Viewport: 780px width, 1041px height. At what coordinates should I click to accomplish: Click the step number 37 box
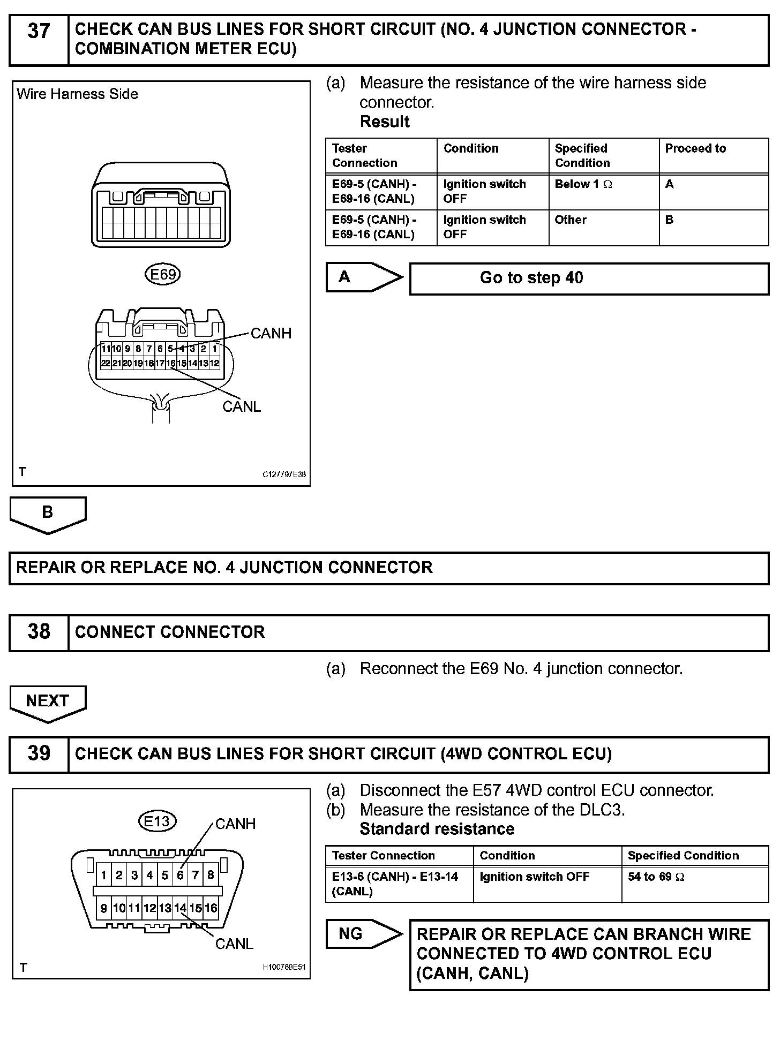[x=39, y=40]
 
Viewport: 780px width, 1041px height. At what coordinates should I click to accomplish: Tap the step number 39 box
[x=39, y=754]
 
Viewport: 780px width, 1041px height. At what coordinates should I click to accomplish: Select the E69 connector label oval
[x=163, y=274]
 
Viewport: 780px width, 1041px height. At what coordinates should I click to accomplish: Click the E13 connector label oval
[x=157, y=821]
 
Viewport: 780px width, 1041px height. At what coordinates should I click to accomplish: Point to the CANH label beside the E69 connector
[x=271, y=333]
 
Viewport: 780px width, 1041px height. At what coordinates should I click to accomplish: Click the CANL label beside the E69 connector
[x=242, y=406]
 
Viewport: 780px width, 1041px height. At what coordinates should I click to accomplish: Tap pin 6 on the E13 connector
[x=180, y=875]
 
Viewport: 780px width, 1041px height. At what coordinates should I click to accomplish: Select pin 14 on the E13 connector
[x=180, y=908]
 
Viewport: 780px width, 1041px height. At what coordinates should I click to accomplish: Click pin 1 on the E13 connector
[x=103, y=875]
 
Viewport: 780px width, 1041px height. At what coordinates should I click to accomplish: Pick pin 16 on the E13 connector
[x=211, y=908]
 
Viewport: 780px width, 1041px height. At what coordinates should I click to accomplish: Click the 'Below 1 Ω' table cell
[x=603, y=191]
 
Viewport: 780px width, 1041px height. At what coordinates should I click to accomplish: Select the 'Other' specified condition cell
[x=603, y=227]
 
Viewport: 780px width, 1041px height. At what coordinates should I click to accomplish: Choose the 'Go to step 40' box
[x=589, y=278]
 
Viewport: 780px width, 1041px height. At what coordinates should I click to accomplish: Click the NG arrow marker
[x=360, y=934]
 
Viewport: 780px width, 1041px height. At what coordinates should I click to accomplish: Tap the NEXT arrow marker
[x=48, y=702]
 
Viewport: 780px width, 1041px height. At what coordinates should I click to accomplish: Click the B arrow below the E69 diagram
[x=48, y=513]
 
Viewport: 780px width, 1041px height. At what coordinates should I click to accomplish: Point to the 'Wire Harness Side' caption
[x=77, y=94]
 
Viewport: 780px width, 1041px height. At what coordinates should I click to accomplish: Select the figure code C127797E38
[x=284, y=474]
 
